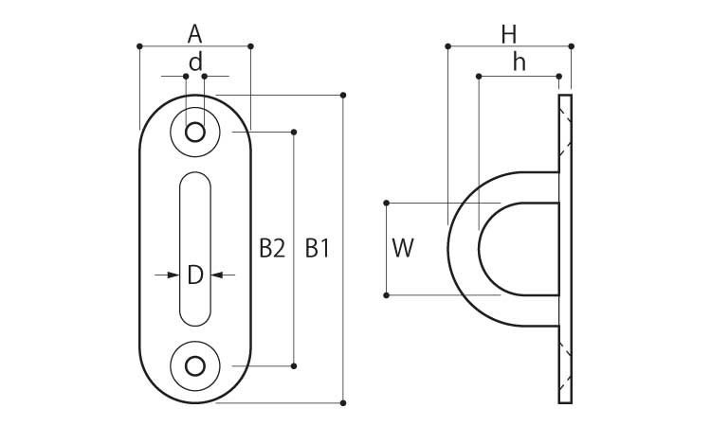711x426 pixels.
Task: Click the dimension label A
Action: [x=194, y=34]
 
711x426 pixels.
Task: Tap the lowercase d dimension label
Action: [x=195, y=62]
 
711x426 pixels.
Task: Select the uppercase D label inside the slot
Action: [x=194, y=275]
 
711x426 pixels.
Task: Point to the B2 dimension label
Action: [x=272, y=249]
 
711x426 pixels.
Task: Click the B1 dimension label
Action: [x=317, y=249]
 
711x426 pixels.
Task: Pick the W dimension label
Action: [x=403, y=249]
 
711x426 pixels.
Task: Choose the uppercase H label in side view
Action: [x=509, y=34]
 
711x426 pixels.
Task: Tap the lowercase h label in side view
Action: [x=519, y=62]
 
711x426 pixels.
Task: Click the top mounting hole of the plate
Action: [x=195, y=132]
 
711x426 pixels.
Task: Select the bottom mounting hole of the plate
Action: [x=195, y=364]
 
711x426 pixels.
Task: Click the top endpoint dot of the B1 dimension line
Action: [x=343, y=95]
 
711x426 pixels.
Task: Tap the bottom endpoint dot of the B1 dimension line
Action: [x=343, y=403]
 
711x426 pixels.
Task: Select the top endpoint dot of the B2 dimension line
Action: [x=295, y=132]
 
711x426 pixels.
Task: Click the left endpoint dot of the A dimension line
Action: [x=139, y=45]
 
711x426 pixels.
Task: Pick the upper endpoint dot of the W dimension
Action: [x=387, y=203]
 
